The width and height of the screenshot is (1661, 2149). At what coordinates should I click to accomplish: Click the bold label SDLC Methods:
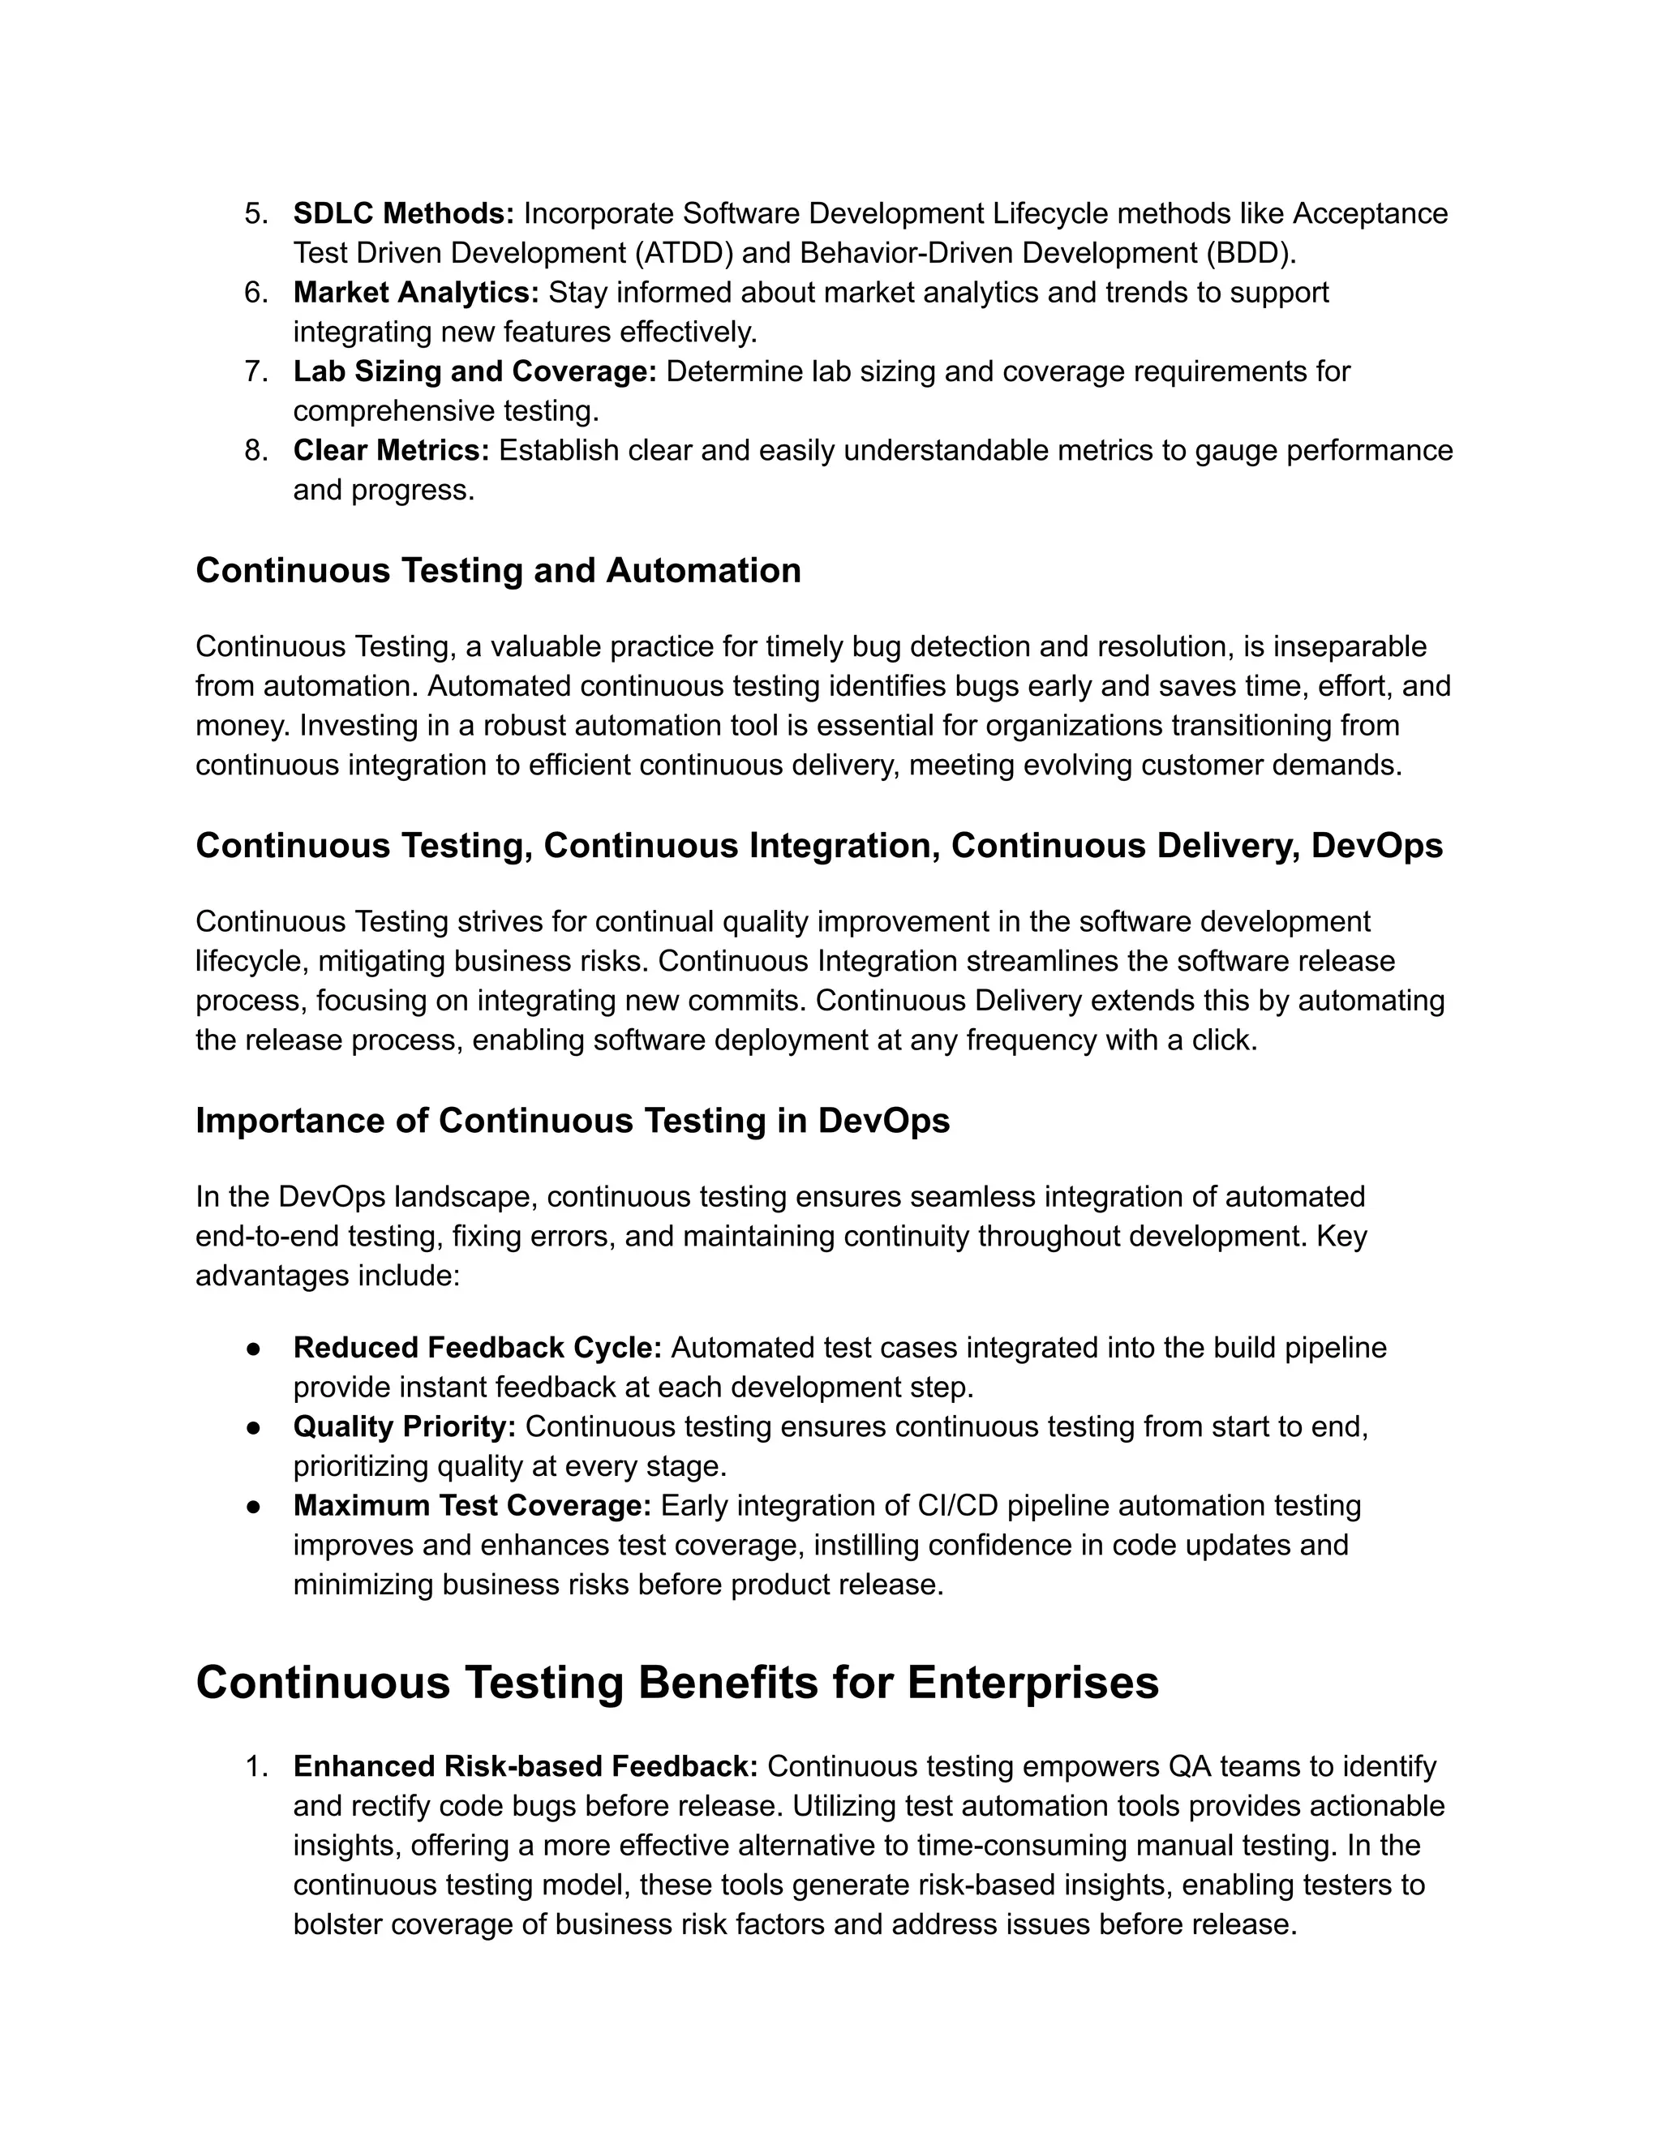[403, 213]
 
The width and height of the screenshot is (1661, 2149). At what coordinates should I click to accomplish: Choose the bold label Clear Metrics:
[391, 450]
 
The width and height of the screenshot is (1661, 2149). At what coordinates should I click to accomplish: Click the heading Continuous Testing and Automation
[498, 571]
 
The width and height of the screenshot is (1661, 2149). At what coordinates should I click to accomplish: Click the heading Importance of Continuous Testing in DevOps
[573, 1121]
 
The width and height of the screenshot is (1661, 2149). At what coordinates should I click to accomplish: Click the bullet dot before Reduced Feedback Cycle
[253, 1348]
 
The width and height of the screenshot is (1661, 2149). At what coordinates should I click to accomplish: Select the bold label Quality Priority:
[405, 1426]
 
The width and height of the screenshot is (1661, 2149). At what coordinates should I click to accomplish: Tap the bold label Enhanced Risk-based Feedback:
[526, 1766]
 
